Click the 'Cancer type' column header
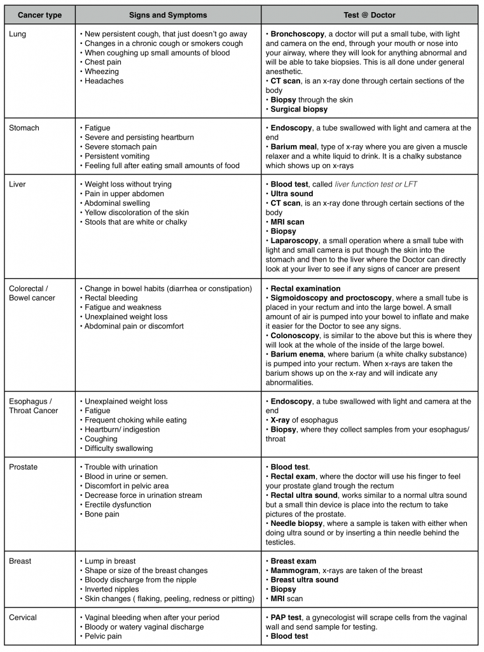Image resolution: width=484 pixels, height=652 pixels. [39, 15]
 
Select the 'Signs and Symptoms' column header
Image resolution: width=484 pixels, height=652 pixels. [168, 15]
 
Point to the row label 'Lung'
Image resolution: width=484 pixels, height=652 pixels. [18, 34]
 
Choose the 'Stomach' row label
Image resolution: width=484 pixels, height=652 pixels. [24, 128]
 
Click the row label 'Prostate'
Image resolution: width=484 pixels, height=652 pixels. [24, 467]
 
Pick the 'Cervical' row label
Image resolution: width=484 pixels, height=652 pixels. [23, 618]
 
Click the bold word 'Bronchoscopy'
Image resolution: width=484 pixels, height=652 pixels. [295, 34]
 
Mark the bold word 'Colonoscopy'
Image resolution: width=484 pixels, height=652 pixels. [295, 336]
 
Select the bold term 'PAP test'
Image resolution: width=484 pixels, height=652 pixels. [287, 618]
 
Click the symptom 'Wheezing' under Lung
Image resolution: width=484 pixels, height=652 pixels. [102, 72]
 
